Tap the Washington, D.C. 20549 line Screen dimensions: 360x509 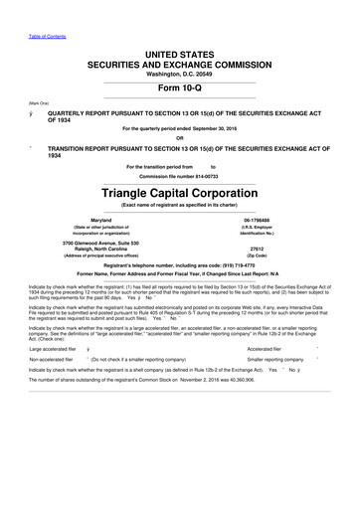[x=179, y=74]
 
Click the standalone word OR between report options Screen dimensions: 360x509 [x=179, y=137]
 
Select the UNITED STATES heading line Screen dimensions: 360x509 [x=179, y=52]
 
